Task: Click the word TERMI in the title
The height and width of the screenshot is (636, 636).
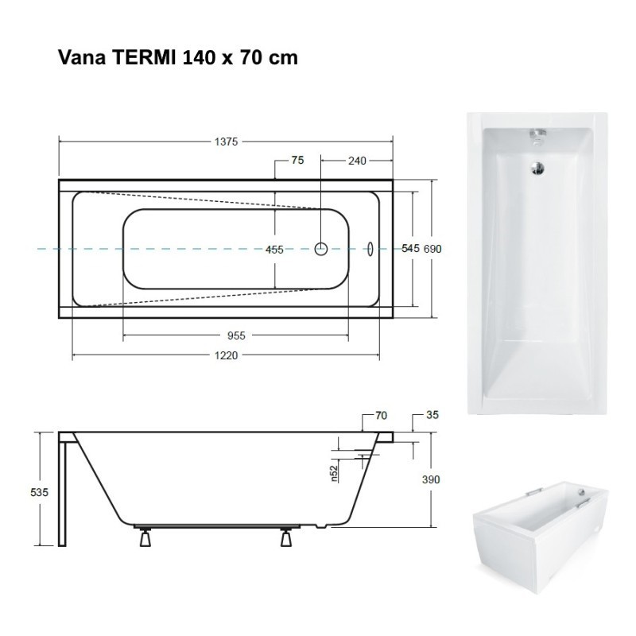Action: [144, 57]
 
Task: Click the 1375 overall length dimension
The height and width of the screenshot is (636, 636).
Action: [226, 142]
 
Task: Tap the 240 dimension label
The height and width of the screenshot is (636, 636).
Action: [357, 161]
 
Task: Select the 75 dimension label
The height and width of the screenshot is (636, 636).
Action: [297, 161]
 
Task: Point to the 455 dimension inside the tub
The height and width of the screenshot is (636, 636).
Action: [274, 250]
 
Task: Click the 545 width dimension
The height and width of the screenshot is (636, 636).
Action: [410, 248]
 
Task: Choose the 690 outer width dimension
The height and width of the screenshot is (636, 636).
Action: [432, 249]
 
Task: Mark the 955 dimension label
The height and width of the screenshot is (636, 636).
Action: [236, 335]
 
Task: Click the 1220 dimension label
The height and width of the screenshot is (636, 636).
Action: [226, 355]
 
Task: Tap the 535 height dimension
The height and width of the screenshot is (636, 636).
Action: [39, 492]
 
